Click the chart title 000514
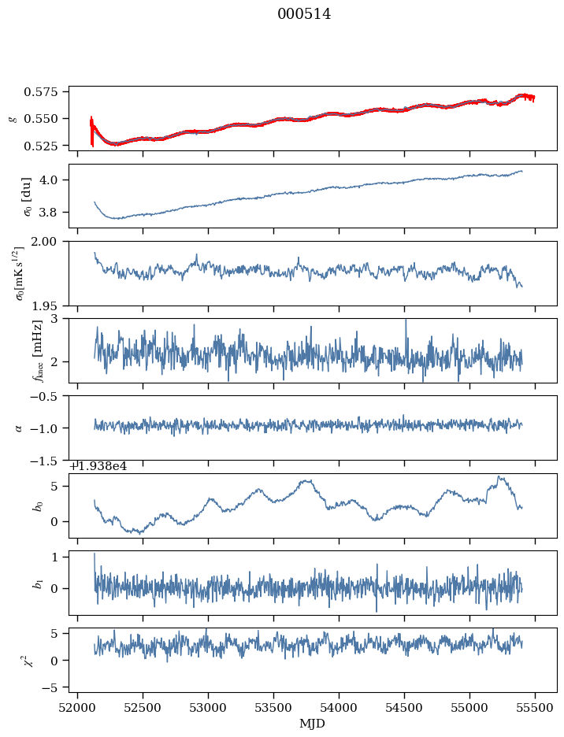point(304,14)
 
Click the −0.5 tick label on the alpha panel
point(50,396)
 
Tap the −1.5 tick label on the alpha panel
point(50,461)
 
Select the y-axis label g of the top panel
point(12,118)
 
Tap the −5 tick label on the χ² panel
point(54,687)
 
